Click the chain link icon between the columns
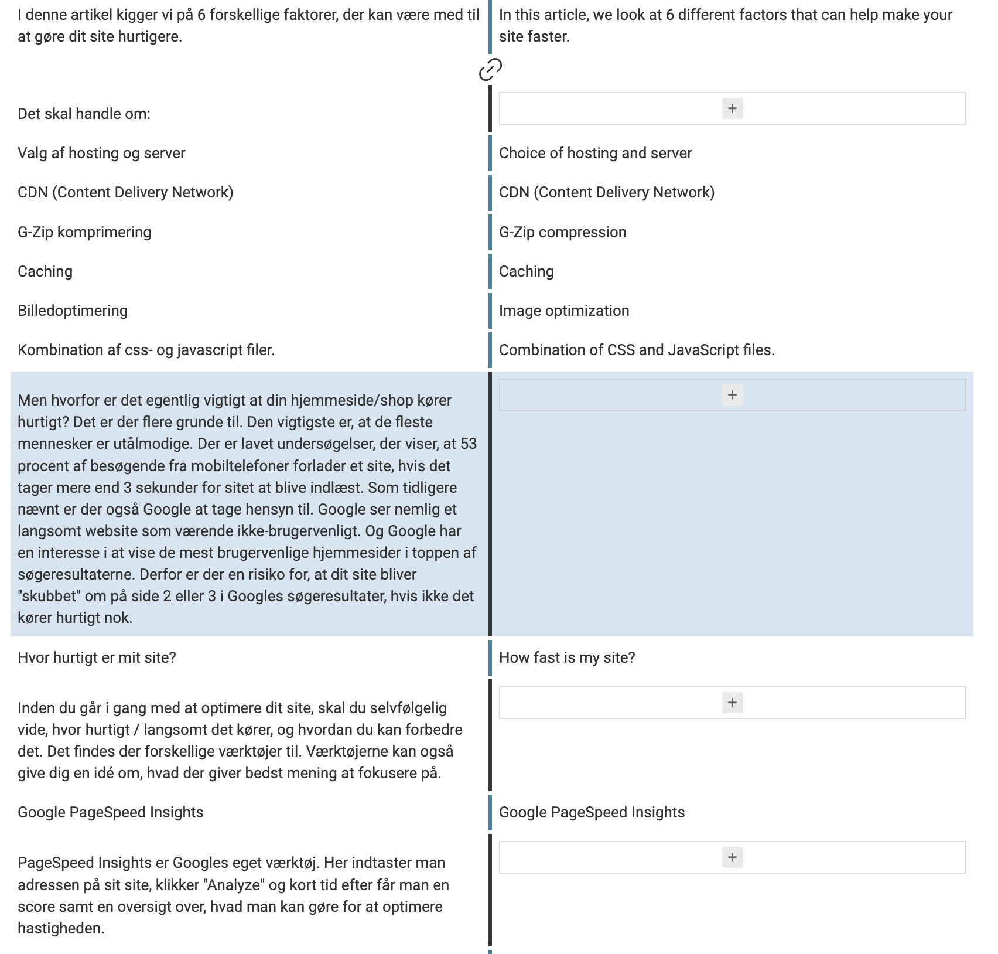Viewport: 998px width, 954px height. point(490,69)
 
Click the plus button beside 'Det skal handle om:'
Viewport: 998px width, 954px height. point(732,108)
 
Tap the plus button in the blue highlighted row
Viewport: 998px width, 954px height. point(732,395)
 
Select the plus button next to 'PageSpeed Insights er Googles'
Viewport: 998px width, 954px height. point(732,857)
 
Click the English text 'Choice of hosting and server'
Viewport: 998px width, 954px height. point(595,153)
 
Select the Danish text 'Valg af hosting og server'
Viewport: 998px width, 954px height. point(101,153)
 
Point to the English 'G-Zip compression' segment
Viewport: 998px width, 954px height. point(562,232)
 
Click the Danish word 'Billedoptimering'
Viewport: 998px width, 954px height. point(73,311)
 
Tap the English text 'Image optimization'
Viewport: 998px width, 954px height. point(564,311)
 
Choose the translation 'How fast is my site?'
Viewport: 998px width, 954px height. point(567,657)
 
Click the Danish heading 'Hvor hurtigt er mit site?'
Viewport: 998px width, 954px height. point(97,657)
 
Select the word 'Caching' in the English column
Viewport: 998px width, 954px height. point(526,271)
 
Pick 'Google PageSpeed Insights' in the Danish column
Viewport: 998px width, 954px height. point(111,812)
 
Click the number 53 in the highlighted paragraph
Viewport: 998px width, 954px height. point(469,444)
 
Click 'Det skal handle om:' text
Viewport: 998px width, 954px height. point(84,114)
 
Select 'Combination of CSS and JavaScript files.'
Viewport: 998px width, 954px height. point(637,350)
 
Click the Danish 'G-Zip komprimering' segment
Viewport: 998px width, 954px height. point(84,232)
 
